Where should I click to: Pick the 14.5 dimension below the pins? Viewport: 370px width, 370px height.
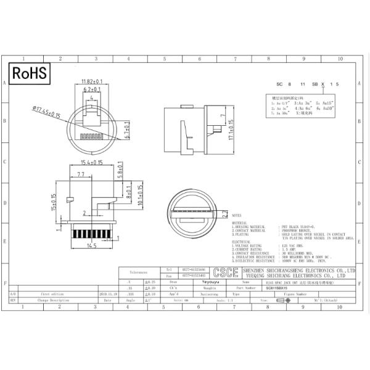click(92, 246)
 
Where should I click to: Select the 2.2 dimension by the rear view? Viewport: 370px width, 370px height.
click(226, 212)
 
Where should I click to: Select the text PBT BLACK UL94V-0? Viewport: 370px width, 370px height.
click(298, 227)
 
